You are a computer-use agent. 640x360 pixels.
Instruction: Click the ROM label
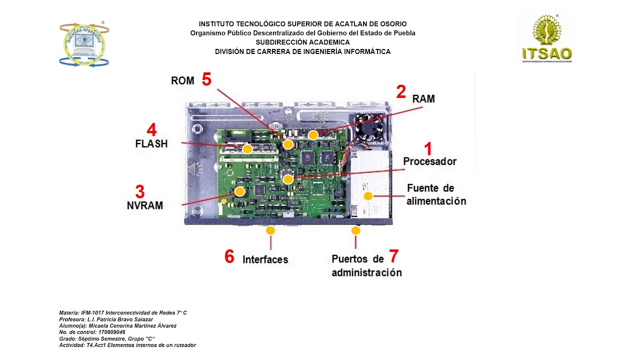[182, 81]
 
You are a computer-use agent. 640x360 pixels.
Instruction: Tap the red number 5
[206, 79]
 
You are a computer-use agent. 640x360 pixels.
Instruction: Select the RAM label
[423, 99]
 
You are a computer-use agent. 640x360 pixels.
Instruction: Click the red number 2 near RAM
[400, 92]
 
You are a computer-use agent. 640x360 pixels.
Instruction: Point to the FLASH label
[151, 144]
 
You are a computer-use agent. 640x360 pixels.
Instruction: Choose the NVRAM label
[144, 205]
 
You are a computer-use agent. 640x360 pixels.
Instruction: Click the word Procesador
[429, 161]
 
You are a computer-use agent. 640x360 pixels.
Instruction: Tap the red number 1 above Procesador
[427, 148]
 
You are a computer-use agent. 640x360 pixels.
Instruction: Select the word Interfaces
[265, 259]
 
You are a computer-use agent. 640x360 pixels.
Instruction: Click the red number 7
[393, 256]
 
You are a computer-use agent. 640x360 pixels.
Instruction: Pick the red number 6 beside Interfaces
[229, 257]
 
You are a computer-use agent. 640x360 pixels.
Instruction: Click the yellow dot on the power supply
[368, 196]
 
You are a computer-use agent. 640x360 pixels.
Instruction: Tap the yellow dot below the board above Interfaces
[270, 230]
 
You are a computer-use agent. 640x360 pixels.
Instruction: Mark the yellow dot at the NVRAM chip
[239, 191]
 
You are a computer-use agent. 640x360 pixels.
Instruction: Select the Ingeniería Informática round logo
[84, 44]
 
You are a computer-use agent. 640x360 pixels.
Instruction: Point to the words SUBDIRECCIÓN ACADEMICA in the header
[302, 42]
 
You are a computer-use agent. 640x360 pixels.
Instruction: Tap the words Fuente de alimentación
[436, 195]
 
